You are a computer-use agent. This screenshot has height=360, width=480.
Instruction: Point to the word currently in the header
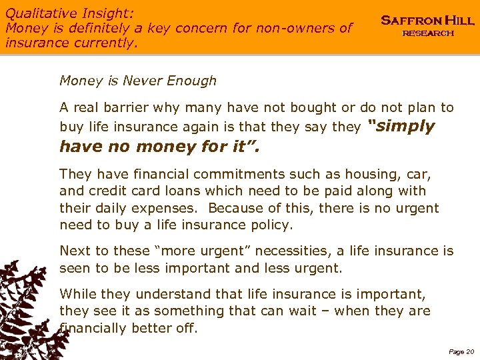[x=104, y=43]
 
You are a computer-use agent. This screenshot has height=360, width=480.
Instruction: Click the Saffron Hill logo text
[x=427, y=21]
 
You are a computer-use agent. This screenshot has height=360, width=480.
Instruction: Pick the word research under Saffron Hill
[x=427, y=33]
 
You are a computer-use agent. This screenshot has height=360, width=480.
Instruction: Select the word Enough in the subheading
[x=193, y=81]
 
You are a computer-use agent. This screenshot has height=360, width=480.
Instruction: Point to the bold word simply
[x=401, y=127]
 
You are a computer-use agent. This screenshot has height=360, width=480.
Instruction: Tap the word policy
[x=269, y=225]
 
